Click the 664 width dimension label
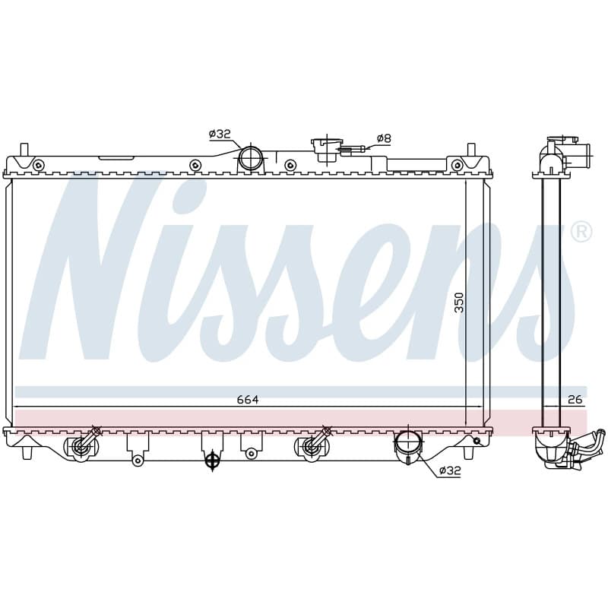tap(248, 400)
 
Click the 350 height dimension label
tap(459, 302)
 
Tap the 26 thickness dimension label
tap(575, 400)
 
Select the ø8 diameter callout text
tap(384, 138)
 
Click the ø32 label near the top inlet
tap(220, 135)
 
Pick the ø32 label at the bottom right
tap(450, 470)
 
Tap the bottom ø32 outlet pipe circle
tap(408, 442)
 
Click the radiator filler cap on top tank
tap(326, 149)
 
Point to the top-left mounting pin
tap(24, 149)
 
